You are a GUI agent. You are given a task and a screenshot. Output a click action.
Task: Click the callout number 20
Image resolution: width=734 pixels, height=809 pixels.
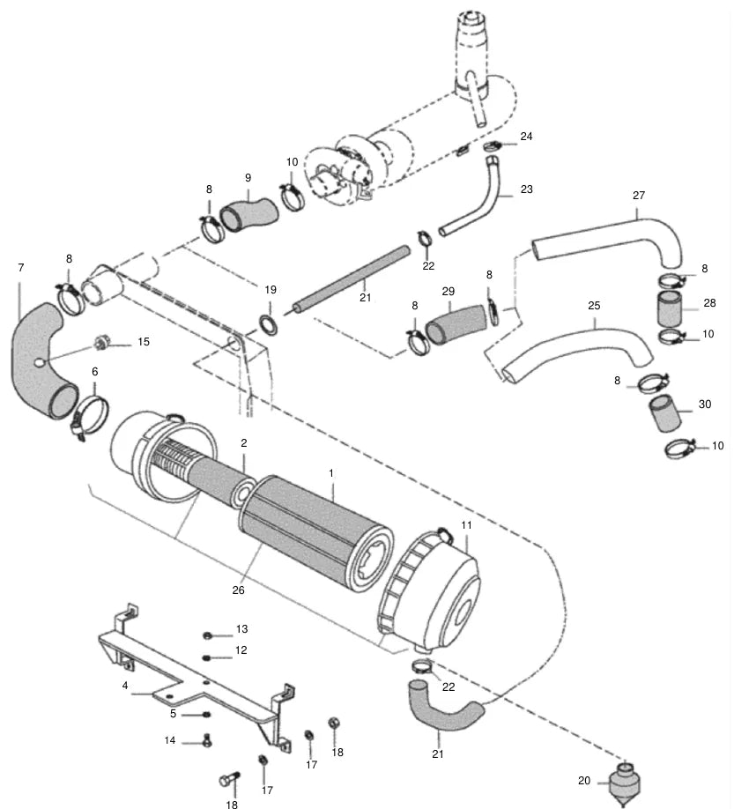tap(584, 781)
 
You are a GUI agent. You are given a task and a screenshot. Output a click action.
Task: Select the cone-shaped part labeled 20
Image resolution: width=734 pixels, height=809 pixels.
tap(625, 784)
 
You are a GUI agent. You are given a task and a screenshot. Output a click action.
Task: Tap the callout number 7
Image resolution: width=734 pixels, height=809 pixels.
tap(20, 267)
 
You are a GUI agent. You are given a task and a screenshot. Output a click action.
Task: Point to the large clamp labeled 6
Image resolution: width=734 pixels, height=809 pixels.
tap(91, 415)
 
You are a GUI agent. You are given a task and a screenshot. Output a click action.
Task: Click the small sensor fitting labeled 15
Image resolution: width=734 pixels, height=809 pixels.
tap(101, 342)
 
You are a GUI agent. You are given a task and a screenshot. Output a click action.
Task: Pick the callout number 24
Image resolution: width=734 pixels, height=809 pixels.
tap(526, 137)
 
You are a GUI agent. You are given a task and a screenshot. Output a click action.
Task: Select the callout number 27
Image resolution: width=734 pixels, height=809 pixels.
tap(639, 195)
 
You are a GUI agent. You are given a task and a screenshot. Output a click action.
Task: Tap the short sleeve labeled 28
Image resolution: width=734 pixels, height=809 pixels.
tap(670, 308)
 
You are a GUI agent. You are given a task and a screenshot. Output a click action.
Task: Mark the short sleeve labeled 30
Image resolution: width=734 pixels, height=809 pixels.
tap(665, 412)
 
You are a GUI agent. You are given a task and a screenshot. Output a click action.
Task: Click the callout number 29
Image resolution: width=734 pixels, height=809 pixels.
tap(449, 292)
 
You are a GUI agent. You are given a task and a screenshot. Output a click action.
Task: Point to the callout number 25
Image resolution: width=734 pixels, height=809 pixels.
tap(594, 306)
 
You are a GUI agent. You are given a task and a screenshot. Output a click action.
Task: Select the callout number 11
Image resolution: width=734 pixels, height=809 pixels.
tap(466, 525)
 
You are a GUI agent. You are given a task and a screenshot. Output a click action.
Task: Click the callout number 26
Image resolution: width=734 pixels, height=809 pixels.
tap(238, 590)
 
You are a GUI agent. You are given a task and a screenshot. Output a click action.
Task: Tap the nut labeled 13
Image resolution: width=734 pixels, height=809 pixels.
tap(208, 635)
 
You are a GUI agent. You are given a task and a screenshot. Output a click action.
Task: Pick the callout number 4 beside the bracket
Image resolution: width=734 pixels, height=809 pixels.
tap(125, 685)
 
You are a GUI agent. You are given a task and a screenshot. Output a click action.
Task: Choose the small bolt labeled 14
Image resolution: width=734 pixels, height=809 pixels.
tap(208, 740)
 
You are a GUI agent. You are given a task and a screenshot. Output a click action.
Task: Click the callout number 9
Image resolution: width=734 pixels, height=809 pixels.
tap(248, 177)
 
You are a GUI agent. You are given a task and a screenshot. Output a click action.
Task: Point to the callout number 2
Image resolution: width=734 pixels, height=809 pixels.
tap(244, 442)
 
